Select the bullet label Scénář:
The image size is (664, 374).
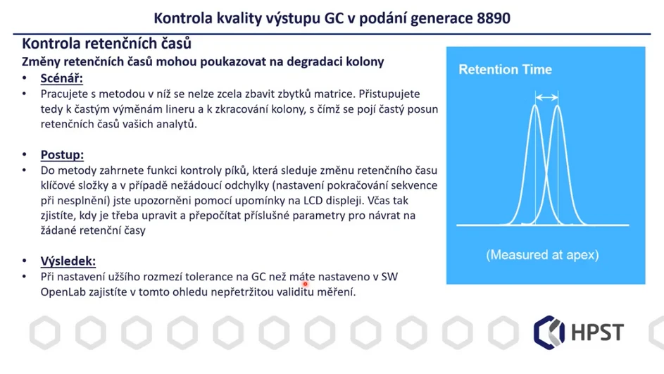[62, 78]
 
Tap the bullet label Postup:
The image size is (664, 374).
[62, 155]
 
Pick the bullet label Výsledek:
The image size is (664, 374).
[68, 261]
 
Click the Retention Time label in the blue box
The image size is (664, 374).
[505, 70]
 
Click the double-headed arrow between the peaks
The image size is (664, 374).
[546, 97]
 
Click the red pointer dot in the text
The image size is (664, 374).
[306, 284]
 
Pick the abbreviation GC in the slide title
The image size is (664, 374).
[334, 17]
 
